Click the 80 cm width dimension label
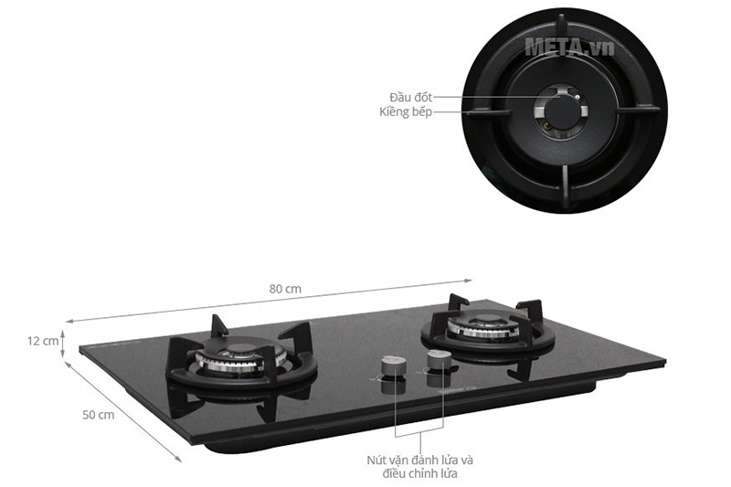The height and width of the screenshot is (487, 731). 285,289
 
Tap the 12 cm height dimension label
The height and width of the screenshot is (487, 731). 43,341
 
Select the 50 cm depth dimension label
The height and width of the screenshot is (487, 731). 98,414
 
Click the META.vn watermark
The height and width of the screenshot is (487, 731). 569,47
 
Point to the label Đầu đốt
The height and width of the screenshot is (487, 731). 411,97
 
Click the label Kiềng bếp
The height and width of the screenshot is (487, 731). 406,111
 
